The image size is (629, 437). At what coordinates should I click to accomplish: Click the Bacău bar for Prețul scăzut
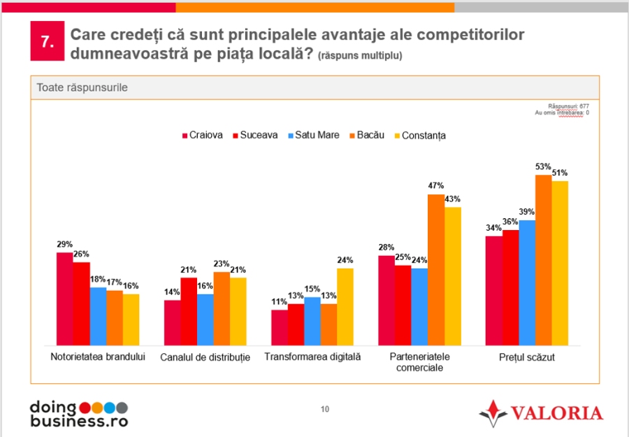[543, 259]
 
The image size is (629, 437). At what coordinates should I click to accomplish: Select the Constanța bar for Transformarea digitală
[345, 307]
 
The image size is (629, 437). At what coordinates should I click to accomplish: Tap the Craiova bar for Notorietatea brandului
[65, 299]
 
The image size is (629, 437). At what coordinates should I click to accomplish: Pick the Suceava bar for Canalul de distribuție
[189, 311]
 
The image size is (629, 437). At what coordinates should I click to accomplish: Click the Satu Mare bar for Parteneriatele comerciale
[419, 307]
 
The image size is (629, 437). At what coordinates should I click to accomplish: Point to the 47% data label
[436, 186]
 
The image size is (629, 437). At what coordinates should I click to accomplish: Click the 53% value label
[543, 166]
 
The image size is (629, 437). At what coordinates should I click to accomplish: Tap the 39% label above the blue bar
[527, 212]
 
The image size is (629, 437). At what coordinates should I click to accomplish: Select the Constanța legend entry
[421, 136]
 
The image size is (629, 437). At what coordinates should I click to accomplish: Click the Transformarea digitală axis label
[312, 357]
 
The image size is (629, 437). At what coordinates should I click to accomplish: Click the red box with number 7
[47, 41]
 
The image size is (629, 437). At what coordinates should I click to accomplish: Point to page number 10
[324, 409]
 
